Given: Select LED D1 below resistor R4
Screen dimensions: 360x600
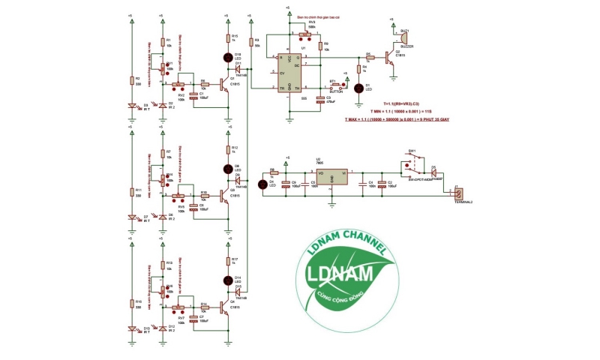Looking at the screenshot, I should tap(358, 88).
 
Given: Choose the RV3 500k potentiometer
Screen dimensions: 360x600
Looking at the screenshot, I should tap(304, 34).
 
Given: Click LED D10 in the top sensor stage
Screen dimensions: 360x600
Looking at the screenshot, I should tap(229, 58).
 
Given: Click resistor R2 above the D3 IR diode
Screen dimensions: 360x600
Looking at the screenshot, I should tap(132, 79).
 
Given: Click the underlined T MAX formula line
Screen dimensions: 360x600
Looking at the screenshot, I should tap(397, 118).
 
